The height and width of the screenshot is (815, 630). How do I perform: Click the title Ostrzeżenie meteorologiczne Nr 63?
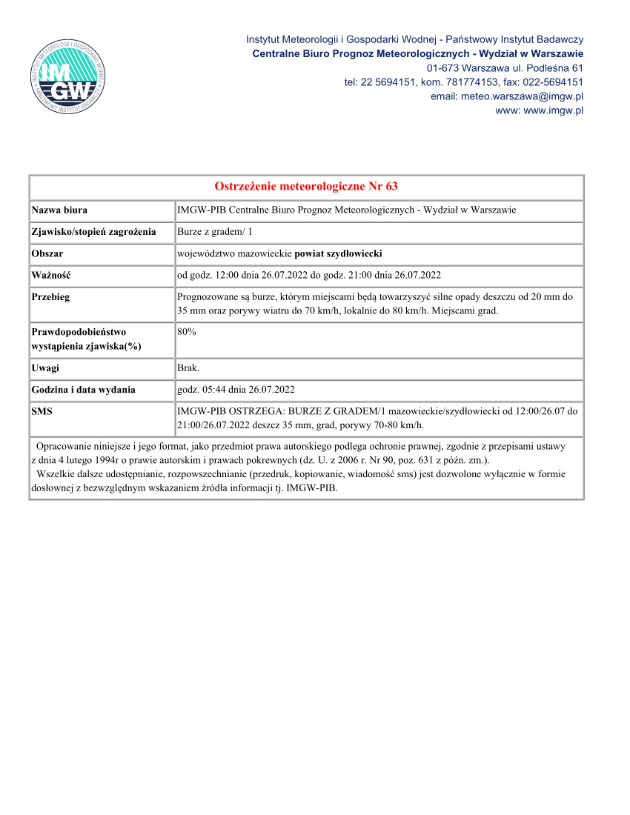(x=306, y=186)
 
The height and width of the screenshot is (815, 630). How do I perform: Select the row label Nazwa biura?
(x=59, y=210)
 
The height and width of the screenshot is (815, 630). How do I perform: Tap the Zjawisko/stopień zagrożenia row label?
(x=93, y=232)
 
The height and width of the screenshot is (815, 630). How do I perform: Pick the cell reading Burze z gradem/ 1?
(x=214, y=232)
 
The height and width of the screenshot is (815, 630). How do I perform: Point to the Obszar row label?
(x=47, y=253)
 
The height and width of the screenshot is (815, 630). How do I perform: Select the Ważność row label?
(x=51, y=275)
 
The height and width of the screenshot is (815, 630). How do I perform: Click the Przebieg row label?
(x=51, y=296)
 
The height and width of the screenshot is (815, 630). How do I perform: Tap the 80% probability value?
(x=187, y=332)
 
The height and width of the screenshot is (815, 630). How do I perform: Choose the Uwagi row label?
(x=46, y=367)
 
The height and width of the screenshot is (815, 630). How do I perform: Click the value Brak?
(x=188, y=367)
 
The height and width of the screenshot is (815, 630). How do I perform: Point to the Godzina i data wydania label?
(x=83, y=389)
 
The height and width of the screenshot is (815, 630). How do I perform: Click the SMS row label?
(x=42, y=410)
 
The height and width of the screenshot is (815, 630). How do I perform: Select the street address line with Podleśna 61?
(x=505, y=67)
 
